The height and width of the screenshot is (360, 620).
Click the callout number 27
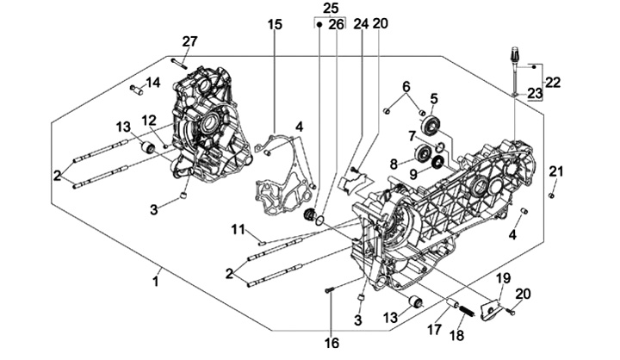click(x=189, y=41)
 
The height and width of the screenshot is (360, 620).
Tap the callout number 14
click(x=152, y=83)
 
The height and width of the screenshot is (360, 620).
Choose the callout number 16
click(x=332, y=343)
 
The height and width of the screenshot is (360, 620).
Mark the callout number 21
click(x=556, y=171)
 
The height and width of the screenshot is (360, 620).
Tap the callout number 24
click(x=360, y=24)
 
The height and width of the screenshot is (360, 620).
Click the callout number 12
click(x=149, y=120)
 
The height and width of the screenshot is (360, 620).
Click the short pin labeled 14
click(x=136, y=88)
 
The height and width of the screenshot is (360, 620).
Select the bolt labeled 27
click(x=178, y=60)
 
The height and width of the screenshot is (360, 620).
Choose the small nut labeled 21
click(x=552, y=194)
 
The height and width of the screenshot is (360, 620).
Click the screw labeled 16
click(x=329, y=291)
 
